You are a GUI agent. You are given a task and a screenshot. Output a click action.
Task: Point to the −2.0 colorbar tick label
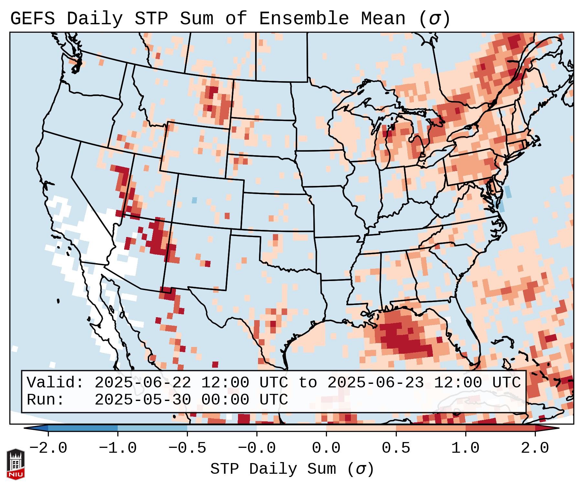click(x=48, y=448)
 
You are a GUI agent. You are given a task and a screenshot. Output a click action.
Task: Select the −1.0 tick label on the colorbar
click(x=118, y=448)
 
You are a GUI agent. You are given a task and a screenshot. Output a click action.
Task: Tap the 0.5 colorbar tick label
click(x=396, y=448)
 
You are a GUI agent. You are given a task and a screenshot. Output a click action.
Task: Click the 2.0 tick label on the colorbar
click(x=535, y=448)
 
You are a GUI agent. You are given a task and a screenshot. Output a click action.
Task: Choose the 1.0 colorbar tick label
click(x=466, y=448)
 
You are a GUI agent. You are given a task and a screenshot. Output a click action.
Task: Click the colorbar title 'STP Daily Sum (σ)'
click(x=292, y=469)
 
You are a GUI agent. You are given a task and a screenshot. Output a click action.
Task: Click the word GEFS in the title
click(x=33, y=19)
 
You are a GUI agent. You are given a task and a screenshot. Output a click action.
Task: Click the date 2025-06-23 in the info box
click(x=375, y=383)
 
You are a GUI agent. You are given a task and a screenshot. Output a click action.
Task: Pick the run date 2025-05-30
click(x=143, y=400)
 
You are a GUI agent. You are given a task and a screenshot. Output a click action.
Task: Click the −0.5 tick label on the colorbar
click(x=187, y=448)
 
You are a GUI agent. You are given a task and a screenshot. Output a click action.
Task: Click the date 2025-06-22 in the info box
click(x=143, y=383)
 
